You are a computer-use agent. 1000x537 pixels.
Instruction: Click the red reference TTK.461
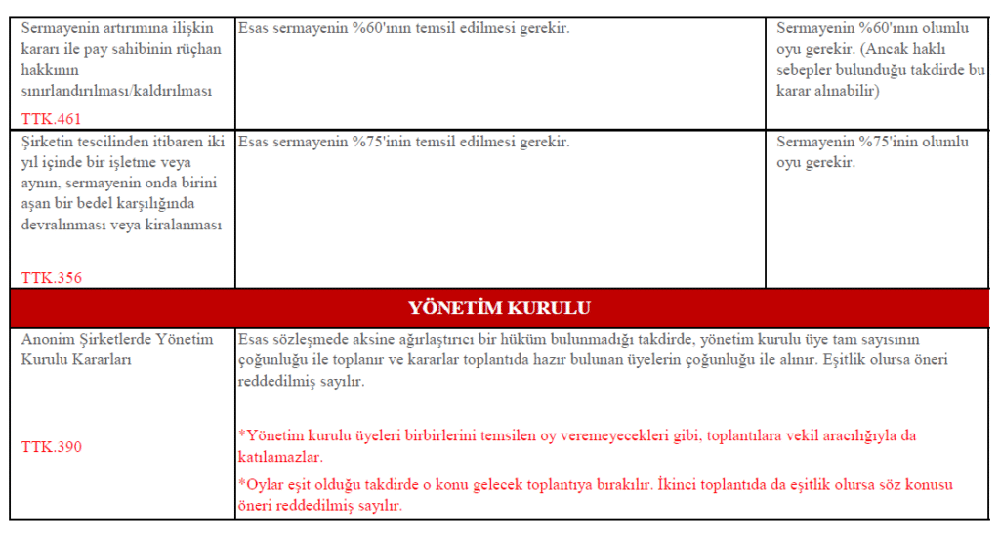(x=51, y=119)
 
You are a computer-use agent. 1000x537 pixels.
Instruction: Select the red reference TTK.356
(x=52, y=277)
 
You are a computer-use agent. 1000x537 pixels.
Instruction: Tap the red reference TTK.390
(x=52, y=447)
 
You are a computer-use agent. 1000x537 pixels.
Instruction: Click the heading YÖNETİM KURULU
(x=499, y=309)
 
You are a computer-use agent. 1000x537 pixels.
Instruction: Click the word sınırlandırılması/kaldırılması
(x=116, y=91)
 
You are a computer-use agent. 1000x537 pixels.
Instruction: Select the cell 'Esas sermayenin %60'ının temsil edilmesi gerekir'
(x=403, y=28)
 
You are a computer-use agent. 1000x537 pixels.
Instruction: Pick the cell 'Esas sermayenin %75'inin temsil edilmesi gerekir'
(x=403, y=142)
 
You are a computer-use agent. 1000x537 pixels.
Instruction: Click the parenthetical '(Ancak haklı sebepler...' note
(x=880, y=70)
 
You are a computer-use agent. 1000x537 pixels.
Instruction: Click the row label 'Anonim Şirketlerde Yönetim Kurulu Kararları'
(x=116, y=349)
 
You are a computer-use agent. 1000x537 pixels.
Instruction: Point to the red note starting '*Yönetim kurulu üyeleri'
(x=576, y=445)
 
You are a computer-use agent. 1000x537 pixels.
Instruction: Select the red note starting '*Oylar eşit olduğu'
(x=595, y=494)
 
